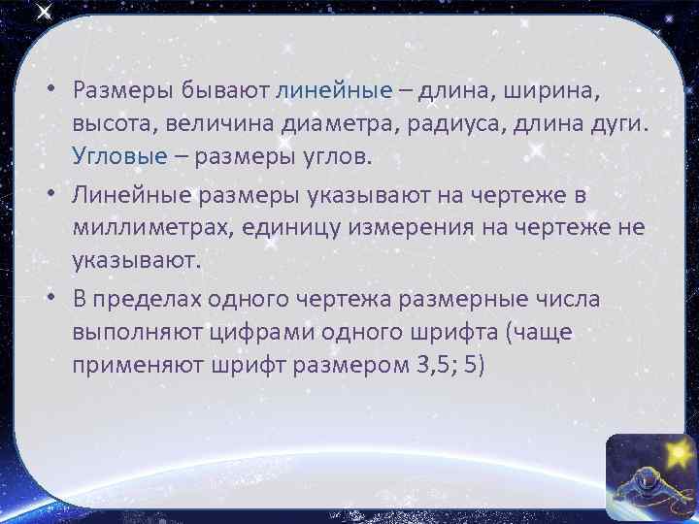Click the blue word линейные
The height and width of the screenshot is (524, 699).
click(334, 90)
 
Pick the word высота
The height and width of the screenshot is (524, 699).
click(112, 123)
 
